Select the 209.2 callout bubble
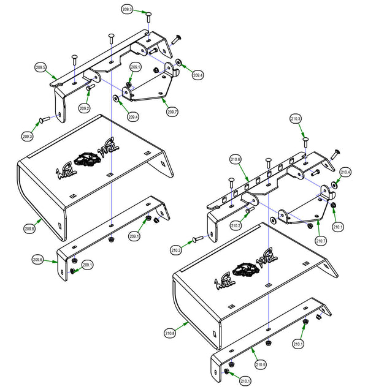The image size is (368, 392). coord(85,108)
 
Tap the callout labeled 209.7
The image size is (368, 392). coord(172,112)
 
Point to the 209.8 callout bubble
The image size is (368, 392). coord(30,228)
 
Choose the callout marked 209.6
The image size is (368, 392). coord(38,260)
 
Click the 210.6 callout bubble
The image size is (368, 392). coord(236,159)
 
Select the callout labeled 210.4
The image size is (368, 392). coord(345,173)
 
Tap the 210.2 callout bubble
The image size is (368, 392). coord(236,226)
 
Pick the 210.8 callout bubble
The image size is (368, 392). coord(170,334)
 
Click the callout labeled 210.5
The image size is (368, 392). coord(261,364)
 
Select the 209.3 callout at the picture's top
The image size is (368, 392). coord(128,10)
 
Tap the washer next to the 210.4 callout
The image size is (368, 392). coord(334,184)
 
